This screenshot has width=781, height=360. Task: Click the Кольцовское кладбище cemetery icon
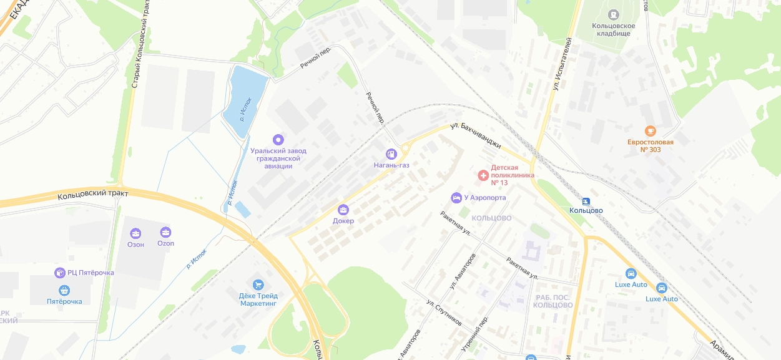614,14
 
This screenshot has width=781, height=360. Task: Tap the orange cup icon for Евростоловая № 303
650,130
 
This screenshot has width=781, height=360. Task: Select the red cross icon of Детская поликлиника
483,175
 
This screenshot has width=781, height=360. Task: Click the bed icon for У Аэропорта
456,198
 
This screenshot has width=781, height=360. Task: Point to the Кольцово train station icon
586,201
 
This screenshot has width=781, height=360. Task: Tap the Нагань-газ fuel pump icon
391,153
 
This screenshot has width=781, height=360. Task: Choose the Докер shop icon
343,210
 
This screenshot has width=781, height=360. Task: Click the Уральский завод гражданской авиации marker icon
278,139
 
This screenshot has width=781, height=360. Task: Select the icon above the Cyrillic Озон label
135,233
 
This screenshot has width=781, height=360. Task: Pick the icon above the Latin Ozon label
165,232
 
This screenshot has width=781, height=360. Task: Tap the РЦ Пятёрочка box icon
60,273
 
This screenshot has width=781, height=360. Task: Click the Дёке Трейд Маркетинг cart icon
258,285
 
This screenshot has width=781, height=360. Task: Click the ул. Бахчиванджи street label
476,135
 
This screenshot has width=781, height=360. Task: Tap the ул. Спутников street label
444,313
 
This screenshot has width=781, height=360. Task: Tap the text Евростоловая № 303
650,145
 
